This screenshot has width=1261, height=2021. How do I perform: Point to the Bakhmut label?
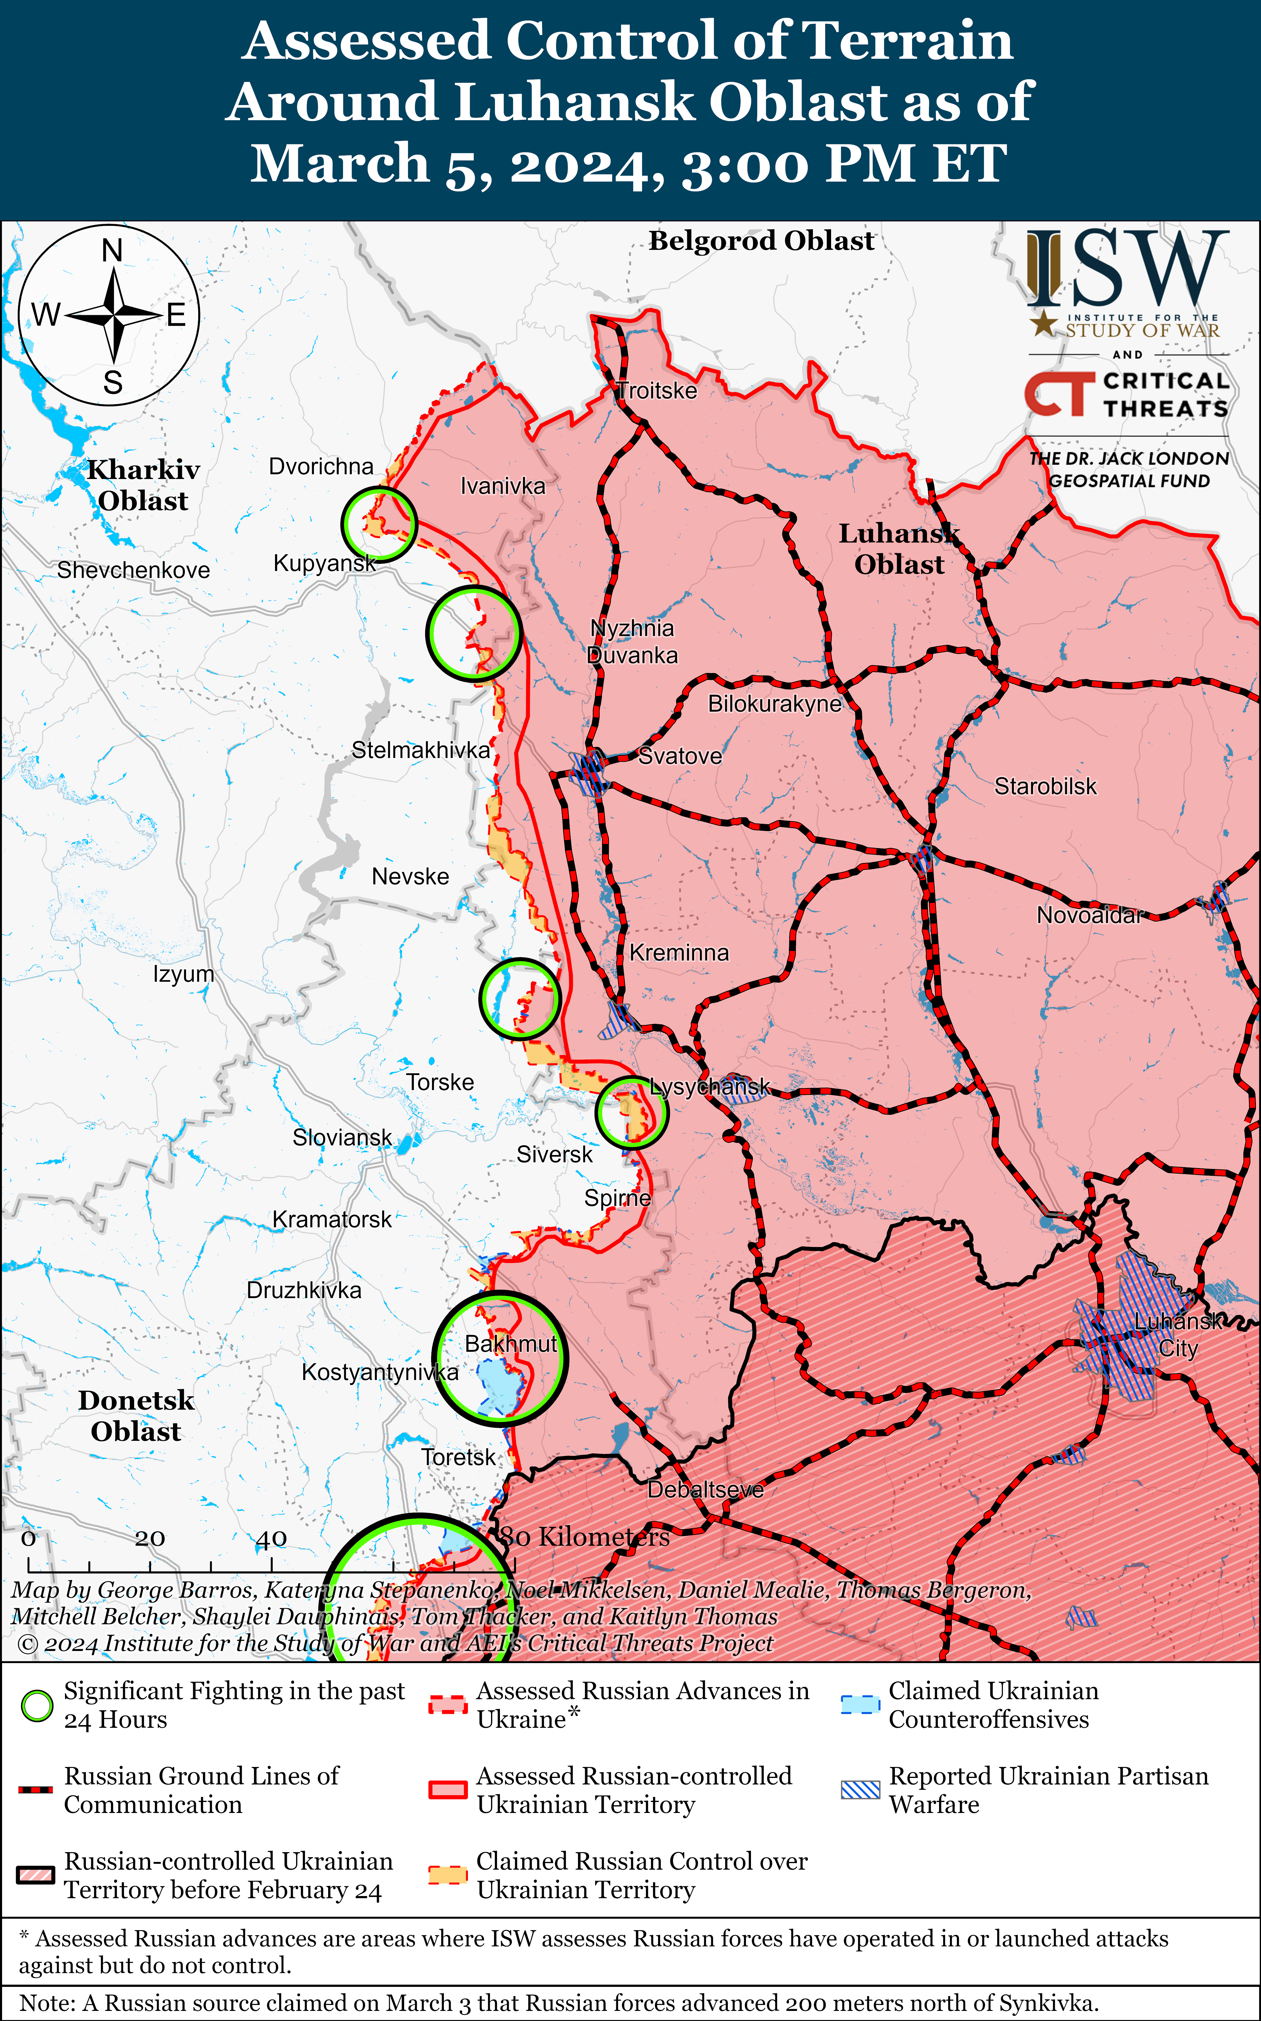[510, 1344]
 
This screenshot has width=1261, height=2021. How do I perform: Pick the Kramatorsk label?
[331, 1219]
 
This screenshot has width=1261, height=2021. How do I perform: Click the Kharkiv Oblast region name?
[143, 485]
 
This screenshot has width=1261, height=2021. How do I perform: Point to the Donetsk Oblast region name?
[136, 1416]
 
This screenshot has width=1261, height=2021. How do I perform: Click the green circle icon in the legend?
[37, 1706]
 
